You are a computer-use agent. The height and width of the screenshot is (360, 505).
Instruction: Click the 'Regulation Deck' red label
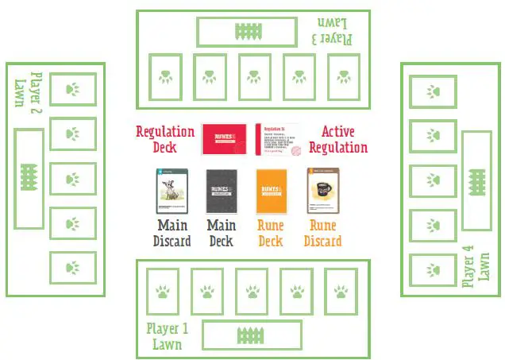click(165, 139)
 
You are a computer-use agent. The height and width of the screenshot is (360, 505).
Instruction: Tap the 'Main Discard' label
click(172, 234)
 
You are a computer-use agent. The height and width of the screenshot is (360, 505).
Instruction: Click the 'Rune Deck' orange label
click(271, 234)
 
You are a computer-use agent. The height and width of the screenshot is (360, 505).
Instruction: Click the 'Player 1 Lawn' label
click(167, 336)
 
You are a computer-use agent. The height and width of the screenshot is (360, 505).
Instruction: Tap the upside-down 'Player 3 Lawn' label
click(333, 30)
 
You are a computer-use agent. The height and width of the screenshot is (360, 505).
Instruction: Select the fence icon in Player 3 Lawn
click(249, 32)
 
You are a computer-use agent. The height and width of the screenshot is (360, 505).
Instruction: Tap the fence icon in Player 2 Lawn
click(29, 179)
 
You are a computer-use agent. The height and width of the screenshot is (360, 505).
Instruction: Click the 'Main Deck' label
click(222, 234)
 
